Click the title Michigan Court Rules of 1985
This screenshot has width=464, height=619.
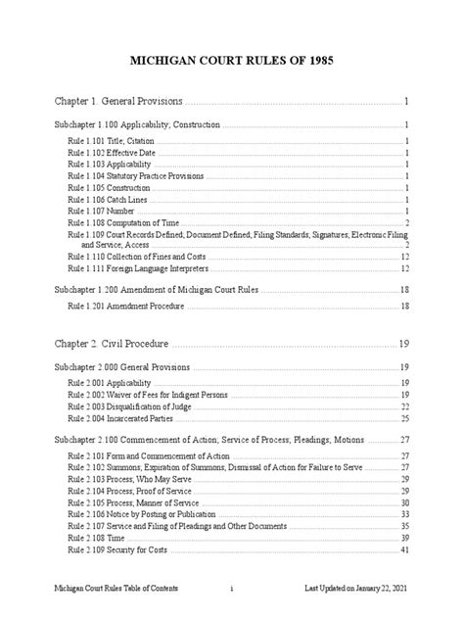(x=232, y=60)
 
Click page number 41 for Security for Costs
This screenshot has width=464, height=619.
(x=403, y=549)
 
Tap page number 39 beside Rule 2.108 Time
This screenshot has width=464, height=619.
(x=403, y=538)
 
